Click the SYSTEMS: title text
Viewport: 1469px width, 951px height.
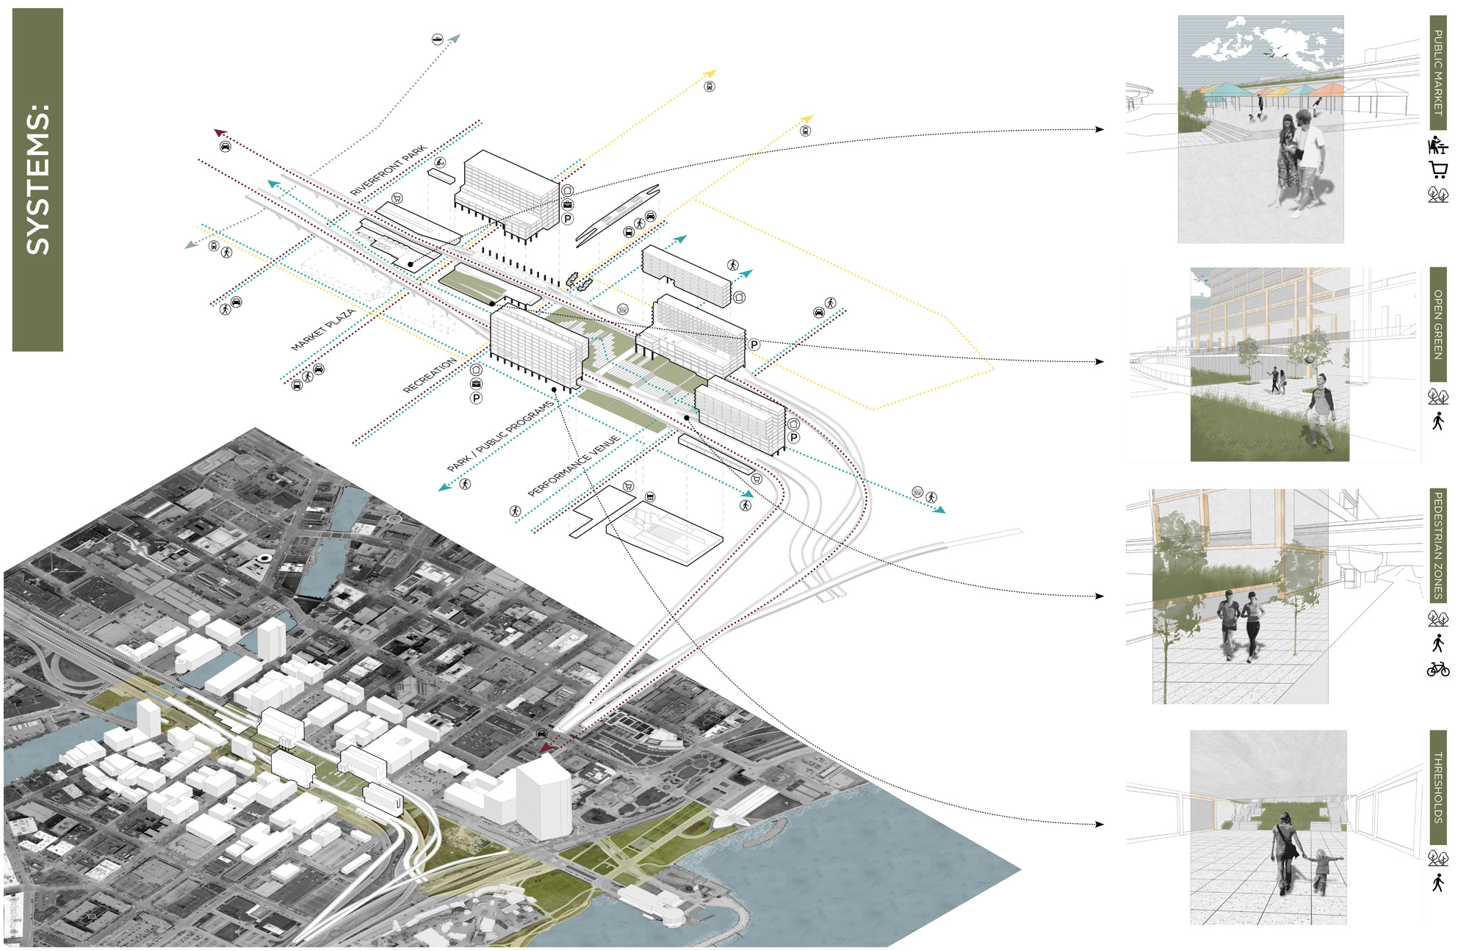pos(37,180)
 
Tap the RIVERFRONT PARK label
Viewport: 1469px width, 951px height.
pos(388,170)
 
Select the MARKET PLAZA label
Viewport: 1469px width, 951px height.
pos(323,330)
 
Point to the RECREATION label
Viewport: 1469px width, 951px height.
pos(430,376)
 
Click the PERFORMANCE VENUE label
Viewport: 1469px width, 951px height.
pos(574,466)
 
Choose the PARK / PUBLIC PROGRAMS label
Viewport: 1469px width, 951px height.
pos(501,436)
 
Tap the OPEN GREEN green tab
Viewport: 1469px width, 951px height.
pos(1438,324)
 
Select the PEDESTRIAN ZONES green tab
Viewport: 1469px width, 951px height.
pos(1438,545)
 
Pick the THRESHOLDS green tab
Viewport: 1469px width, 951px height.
pos(1438,787)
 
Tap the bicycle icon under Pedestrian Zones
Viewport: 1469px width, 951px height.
pos(1438,669)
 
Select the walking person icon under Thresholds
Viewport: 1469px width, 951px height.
pos(1438,882)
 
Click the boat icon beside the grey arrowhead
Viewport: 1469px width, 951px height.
pos(437,39)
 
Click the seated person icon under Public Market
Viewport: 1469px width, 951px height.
pos(1437,145)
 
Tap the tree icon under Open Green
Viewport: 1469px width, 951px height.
pos(1438,397)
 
